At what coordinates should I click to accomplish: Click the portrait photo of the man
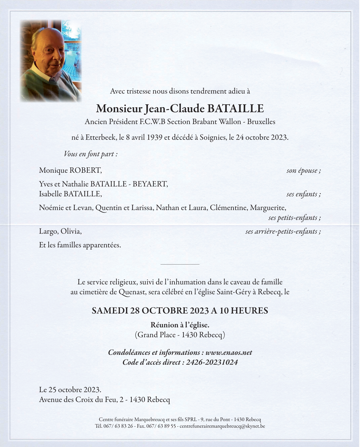pos(50,61)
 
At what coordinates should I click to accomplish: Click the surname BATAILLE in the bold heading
pos(235,109)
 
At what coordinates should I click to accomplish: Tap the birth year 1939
pos(154,137)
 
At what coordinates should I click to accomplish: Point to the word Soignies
pos(212,137)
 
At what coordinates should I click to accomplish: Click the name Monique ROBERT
pos(70,170)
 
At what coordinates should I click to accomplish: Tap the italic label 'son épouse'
pos(303,171)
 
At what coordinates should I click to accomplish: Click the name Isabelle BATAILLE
pos(70,194)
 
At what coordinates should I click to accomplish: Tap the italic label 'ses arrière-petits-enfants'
pos(283,232)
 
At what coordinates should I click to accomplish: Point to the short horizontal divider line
pos(180,264)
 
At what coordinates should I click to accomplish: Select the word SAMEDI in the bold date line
pos(110,311)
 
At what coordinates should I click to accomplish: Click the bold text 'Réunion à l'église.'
pos(180,325)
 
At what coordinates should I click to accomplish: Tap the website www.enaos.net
pos(229,353)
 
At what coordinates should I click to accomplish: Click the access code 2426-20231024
pos(212,362)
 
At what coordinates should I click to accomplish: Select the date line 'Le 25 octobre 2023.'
pos(70,390)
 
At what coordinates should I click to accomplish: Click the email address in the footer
pos(222,426)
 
